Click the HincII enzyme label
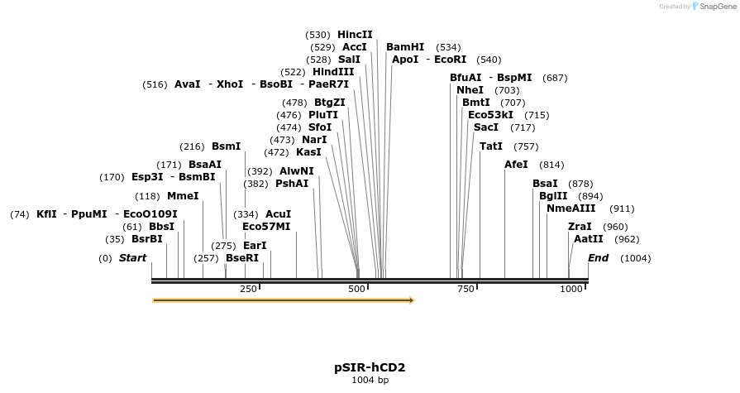[x=355, y=35]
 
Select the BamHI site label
[x=405, y=47]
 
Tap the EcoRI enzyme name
[x=450, y=60]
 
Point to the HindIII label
[x=333, y=72]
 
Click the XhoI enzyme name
[x=230, y=84]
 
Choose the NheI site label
[x=470, y=89]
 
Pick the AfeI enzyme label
[x=516, y=165]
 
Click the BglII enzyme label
[x=553, y=196]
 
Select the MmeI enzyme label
[x=183, y=196]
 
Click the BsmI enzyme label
[x=226, y=146]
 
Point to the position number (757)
[x=526, y=146]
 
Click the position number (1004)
[x=635, y=258]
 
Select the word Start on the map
[x=132, y=258]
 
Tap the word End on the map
[x=598, y=258]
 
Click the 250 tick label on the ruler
[x=248, y=289]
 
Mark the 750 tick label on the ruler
[x=465, y=289]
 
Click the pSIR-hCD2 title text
[x=370, y=367]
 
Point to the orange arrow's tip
[x=413, y=300]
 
